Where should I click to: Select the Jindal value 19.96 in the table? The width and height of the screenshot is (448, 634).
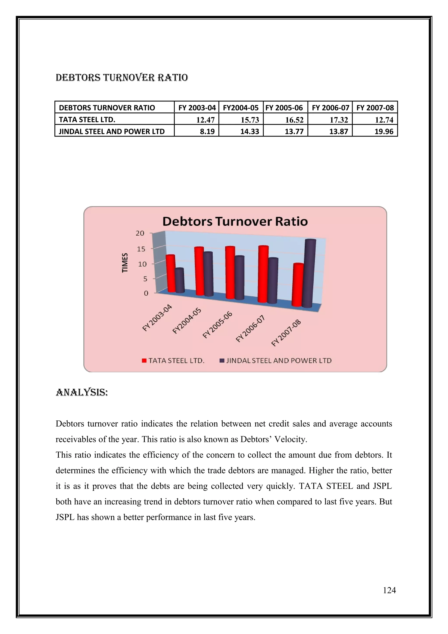[x=375, y=131]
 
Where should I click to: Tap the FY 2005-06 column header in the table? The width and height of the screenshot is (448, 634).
[x=285, y=108]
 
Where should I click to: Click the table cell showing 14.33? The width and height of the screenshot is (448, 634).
[x=241, y=131]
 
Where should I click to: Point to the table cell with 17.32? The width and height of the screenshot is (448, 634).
[x=330, y=120]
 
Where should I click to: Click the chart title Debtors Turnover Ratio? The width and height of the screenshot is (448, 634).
[x=235, y=221]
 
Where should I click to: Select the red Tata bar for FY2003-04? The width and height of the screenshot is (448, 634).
[x=171, y=273]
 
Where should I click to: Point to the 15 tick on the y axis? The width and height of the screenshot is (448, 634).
[x=141, y=249]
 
